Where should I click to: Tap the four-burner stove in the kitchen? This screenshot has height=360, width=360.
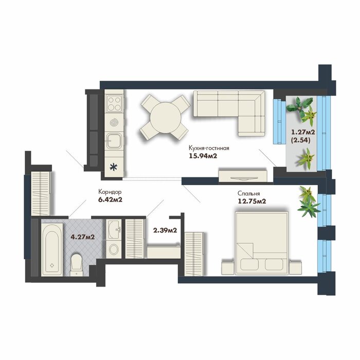[x=114, y=104]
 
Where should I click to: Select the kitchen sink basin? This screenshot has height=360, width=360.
[x=114, y=140]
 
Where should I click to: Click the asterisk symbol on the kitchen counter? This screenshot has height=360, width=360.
[x=113, y=167]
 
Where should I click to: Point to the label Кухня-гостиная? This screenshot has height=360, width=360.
[x=209, y=148]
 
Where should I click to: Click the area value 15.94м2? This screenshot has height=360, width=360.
[x=203, y=156]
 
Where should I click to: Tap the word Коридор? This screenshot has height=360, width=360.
[x=110, y=191]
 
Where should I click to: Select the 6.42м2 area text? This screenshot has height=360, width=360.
[x=110, y=200]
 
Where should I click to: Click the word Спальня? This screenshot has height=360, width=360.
[x=248, y=193]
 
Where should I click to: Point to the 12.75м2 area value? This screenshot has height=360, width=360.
[x=252, y=202]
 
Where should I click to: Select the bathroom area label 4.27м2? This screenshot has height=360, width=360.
[x=83, y=237]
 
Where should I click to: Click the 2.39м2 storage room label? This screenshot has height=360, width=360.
[x=165, y=230]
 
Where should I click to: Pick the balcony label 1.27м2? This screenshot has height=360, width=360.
[x=303, y=132]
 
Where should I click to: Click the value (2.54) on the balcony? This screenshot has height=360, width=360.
[x=301, y=140]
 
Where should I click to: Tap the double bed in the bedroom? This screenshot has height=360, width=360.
[x=262, y=243]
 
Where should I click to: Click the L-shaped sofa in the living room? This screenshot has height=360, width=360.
[x=229, y=109]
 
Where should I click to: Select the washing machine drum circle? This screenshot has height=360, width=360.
[x=114, y=249]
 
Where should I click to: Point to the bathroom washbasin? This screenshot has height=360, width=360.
[x=114, y=229]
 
